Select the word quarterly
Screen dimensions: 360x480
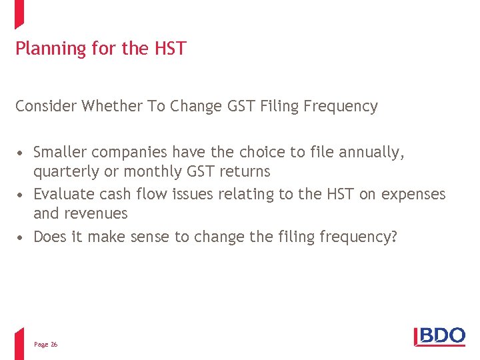point(65,171)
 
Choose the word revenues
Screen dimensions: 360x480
point(95,213)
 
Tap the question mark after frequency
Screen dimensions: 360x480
point(393,236)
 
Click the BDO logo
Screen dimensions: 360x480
point(439,335)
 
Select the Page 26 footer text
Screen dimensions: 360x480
point(45,344)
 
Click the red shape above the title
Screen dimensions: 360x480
point(19,13)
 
